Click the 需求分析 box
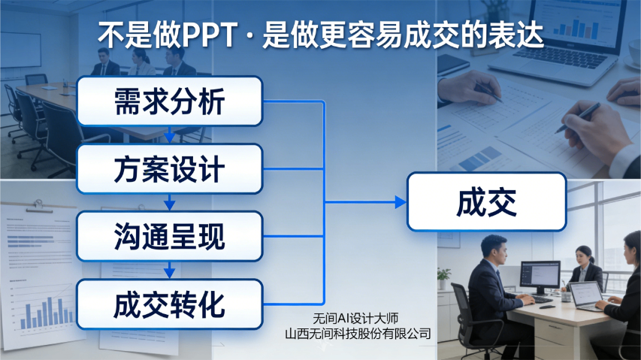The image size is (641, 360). pyautogui.click(x=169, y=101)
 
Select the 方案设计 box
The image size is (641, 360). pyautogui.click(x=169, y=169)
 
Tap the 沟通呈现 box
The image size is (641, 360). pyautogui.click(x=169, y=237)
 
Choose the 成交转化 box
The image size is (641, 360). pyautogui.click(x=169, y=304)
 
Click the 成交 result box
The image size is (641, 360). pyautogui.click(x=486, y=201)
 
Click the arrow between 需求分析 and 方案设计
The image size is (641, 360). pyautogui.click(x=170, y=135)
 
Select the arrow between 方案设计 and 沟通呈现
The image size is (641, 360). pyautogui.click(x=170, y=203)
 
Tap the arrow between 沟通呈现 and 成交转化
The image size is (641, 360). pyautogui.click(x=170, y=271)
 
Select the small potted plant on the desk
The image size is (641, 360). pyautogui.click(x=444, y=278)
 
